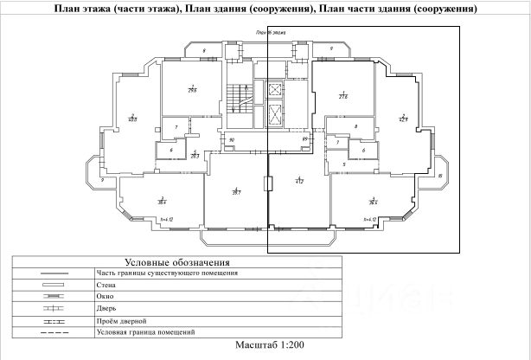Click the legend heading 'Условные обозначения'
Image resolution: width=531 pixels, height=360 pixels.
[x=176, y=262]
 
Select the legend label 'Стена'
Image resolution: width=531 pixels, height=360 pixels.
[x=106, y=284]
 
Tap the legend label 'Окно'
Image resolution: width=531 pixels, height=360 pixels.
[x=106, y=296]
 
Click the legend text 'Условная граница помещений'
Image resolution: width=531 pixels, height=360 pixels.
[x=145, y=332]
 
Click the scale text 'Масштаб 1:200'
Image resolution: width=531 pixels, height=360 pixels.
[x=269, y=345]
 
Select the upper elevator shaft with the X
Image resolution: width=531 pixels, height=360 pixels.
[x=276, y=88]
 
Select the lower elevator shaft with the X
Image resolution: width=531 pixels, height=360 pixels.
[x=276, y=112]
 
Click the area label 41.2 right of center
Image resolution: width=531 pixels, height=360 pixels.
[x=299, y=182]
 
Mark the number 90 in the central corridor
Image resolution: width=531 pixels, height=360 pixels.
[x=231, y=139]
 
